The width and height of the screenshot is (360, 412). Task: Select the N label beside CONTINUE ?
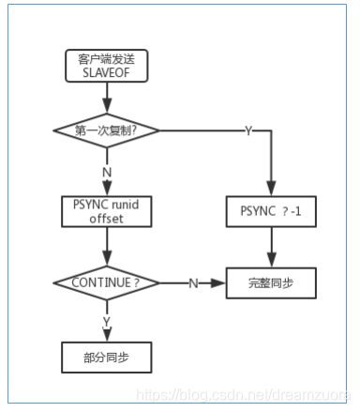pyautogui.click(x=193, y=282)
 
